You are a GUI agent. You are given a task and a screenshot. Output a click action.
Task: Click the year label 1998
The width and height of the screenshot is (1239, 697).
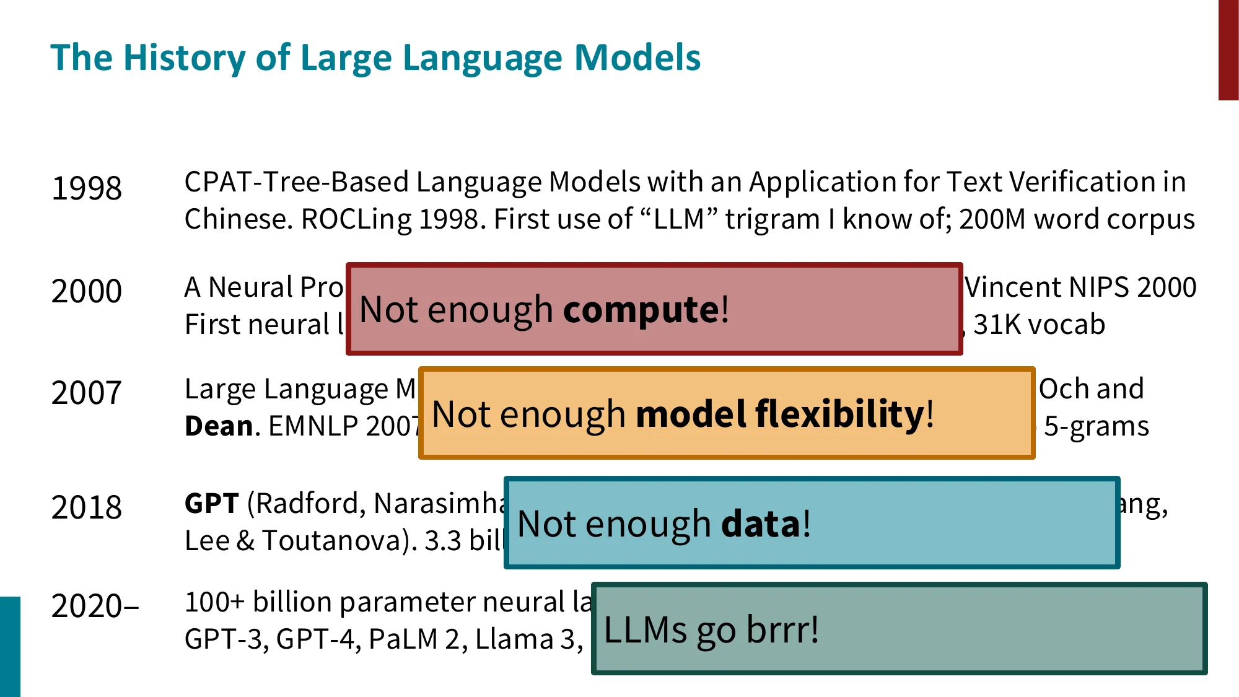[x=87, y=188]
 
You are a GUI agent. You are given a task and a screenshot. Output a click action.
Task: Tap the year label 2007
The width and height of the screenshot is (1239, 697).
[x=87, y=393]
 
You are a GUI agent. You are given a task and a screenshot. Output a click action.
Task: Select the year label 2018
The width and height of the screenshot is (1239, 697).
[x=87, y=507]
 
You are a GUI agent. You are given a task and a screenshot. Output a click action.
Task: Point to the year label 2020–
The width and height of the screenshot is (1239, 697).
[x=95, y=606]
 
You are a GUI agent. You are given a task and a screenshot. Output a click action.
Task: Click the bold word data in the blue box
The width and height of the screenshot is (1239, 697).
[x=761, y=524]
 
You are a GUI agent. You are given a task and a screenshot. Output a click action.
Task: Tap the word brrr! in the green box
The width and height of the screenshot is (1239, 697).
[x=782, y=629]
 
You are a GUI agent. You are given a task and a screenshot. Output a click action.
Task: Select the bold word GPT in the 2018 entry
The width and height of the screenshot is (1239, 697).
[x=212, y=503]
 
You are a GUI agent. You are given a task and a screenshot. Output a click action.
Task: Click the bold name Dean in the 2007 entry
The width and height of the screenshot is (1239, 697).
[x=219, y=426]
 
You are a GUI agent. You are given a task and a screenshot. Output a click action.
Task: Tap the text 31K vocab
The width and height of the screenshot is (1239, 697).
[x=1039, y=325]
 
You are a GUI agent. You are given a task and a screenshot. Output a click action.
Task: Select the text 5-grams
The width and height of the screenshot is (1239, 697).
[x=1096, y=426]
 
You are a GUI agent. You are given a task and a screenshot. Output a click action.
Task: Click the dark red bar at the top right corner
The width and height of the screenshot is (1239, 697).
[x=1228, y=50]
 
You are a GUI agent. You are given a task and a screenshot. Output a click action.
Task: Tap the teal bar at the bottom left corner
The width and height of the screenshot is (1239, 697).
[x=10, y=646]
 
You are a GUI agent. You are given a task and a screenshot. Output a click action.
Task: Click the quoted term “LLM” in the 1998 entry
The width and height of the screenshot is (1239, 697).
[x=678, y=219]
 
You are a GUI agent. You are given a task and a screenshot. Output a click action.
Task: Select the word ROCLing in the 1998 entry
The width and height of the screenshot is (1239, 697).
[x=356, y=219]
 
